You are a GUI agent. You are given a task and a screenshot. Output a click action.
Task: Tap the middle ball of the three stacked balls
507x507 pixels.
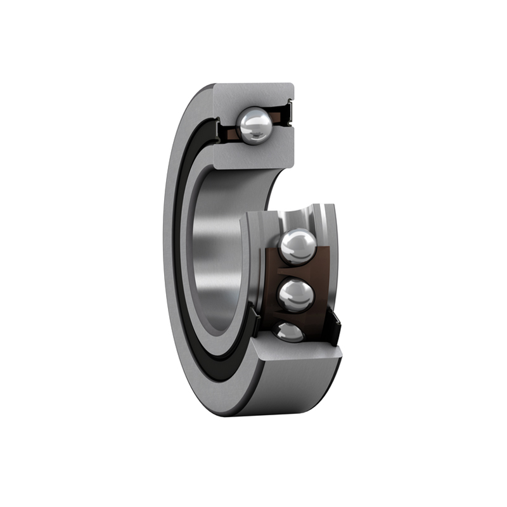tap(296, 295)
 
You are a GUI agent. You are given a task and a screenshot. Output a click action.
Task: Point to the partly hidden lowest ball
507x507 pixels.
tap(289, 331)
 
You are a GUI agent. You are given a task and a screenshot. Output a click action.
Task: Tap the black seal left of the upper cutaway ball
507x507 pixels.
tap(219, 131)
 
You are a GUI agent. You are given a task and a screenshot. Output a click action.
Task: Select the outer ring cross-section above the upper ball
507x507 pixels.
tap(253, 95)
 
